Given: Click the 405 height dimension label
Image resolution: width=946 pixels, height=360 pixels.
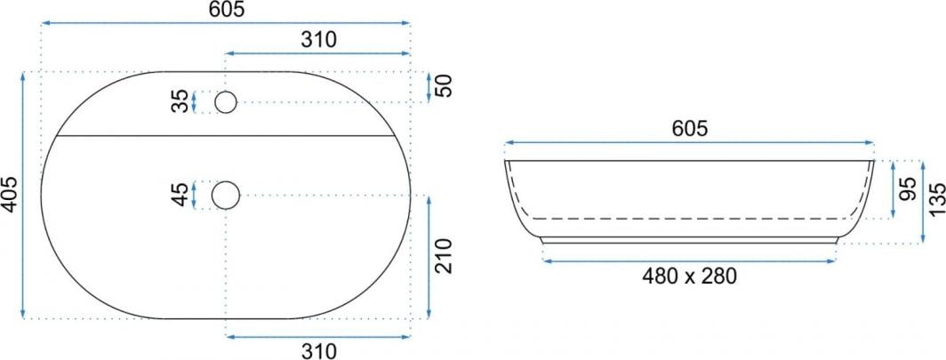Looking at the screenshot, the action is pyautogui.click(x=10, y=196).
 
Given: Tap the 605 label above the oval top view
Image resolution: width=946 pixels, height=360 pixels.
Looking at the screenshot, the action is pyautogui.click(x=226, y=11).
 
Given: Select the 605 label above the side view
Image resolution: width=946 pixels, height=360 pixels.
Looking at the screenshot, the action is pyautogui.click(x=689, y=128).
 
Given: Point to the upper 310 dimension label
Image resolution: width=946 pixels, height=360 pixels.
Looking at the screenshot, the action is pyautogui.click(x=318, y=40).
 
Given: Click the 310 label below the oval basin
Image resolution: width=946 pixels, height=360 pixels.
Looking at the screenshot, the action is pyautogui.click(x=318, y=350).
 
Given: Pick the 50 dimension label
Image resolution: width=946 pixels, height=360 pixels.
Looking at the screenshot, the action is pyautogui.click(x=444, y=87).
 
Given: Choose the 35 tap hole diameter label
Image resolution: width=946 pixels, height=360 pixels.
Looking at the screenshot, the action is pyautogui.click(x=180, y=102).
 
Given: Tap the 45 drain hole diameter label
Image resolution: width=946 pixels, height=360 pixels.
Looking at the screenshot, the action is pyautogui.click(x=180, y=195).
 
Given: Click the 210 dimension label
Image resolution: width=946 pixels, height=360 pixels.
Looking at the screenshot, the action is pyautogui.click(x=444, y=256).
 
